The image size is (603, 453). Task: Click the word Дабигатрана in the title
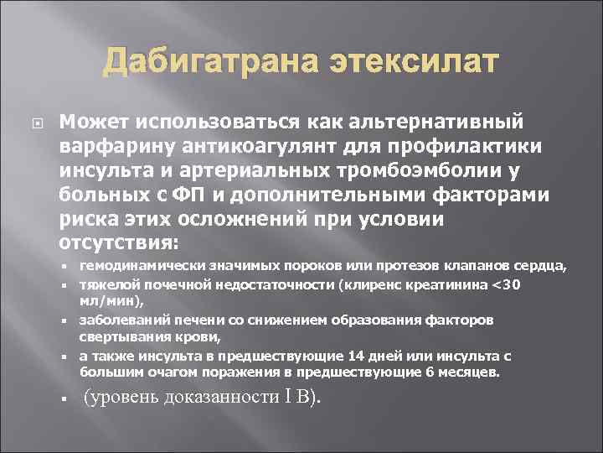coord(191,63)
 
